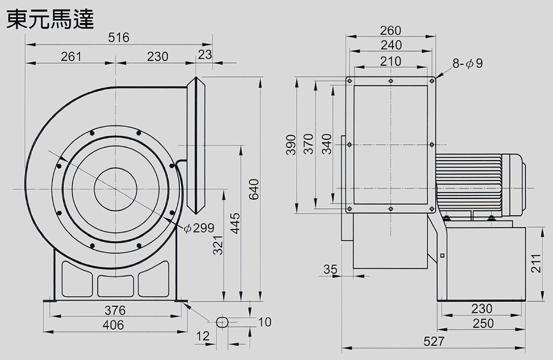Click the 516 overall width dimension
[x=119, y=37]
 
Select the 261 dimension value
[x=71, y=57]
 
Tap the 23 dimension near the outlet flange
[x=205, y=55]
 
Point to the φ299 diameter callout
[x=199, y=228]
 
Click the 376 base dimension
[x=115, y=310]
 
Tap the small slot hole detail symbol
[x=223, y=322]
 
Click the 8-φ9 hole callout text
[x=467, y=63]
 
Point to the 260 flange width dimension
[x=390, y=30]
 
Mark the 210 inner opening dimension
[x=390, y=61]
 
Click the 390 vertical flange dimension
[x=290, y=145]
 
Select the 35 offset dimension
[x=330, y=269]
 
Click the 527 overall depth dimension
[x=433, y=342]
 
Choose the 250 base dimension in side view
[x=481, y=323]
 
